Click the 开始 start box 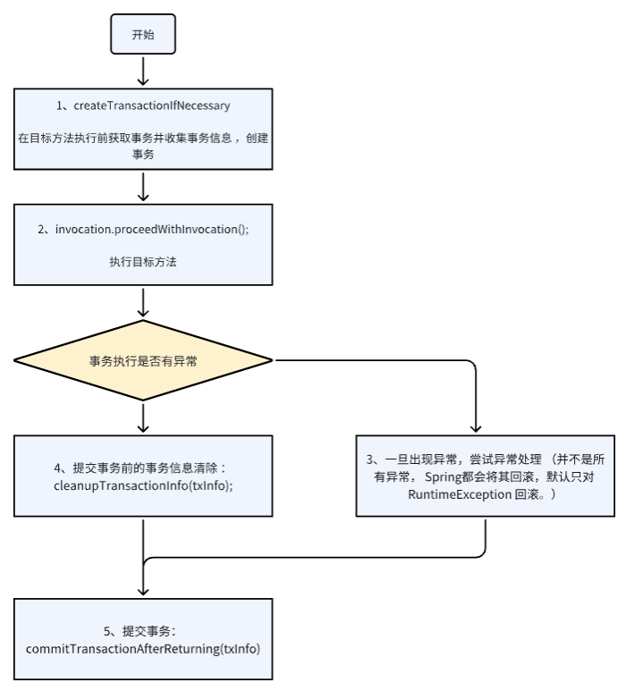point(142,35)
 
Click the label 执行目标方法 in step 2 point(143,262)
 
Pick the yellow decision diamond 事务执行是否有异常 point(143,360)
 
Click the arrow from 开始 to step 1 point(143,71)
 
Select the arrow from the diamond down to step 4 point(143,416)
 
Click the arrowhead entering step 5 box point(143,593)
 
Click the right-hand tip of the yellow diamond point(271,360)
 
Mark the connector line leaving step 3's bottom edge point(486,536)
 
